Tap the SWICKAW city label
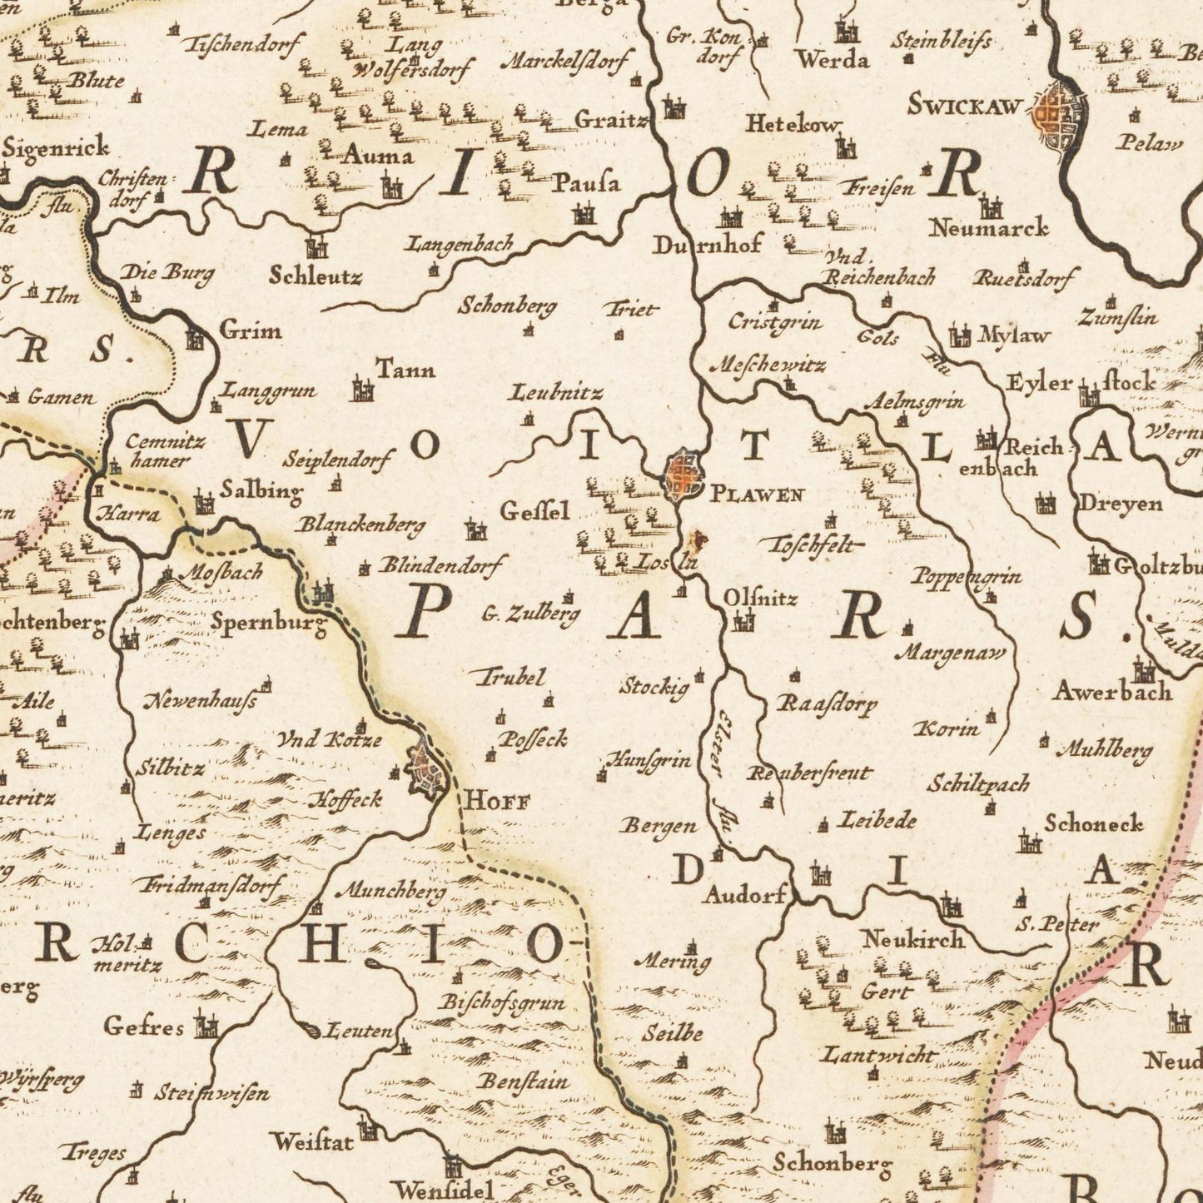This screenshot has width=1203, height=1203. pyautogui.click(x=964, y=106)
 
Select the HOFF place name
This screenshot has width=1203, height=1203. pyautogui.click(x=496, y=802)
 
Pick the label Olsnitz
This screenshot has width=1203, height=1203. pyautogui.click(x=760, y=598)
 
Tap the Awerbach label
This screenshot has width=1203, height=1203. pyautogui.click(x=1112, y=691)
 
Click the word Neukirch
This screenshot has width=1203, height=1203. pyautogui.click(x=912, y=940)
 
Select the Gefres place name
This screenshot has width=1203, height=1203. pyautogui.click(x=143, y=1027)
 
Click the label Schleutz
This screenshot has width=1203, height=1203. pyautogui.click(x=316, y=276)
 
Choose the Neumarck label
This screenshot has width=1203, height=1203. pyautogui.click(x=988, y=226)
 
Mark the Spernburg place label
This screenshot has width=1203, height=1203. pyautogui.click(x=268, y=622)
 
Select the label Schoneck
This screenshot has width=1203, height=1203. pyautogui.click(x=1093, y=823)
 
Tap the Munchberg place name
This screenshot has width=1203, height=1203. pyautogui.click(x=390, y=892)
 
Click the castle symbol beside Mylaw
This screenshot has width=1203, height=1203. pyautogui.click(x=960, y=336)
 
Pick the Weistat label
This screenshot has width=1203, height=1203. pyautogui.click(x=312, y=1142)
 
